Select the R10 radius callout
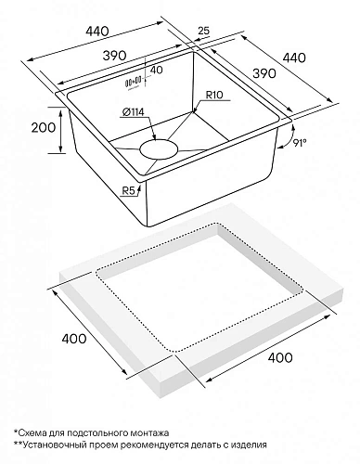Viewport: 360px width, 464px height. pos(220,95)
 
